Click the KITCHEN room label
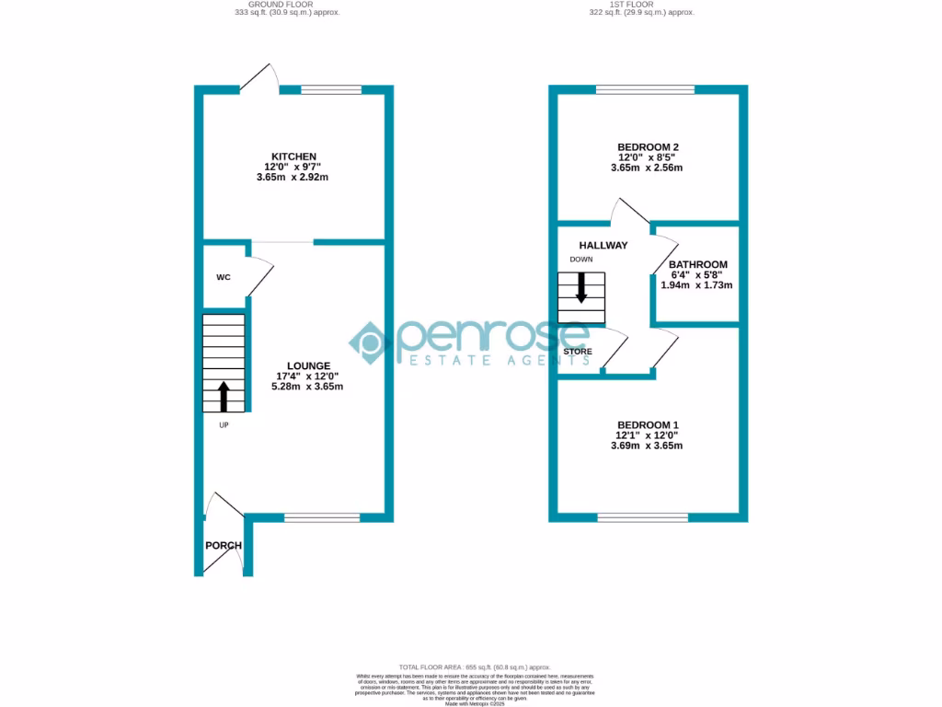pyautogui.click(x=293, y=156)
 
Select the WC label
pyautogui.click(x=223, y=277)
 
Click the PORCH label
pyautogui.click(x=224, y=546)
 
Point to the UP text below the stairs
pyautogui.click(x=224, y=425)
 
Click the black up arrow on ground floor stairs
pyautogui.click(x=224, y=396)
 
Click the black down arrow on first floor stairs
pyautogui.click(x=581, y=290)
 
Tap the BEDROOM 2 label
pyautogui.click(x=648, y=147)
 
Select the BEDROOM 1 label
pyautogui.click(x=648, y=425)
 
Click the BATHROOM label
pyautogui.click(x=697, y=265)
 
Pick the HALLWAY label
pyautogui.click(x=603, y=246)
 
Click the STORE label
pyautogui.click(x=578, y=352)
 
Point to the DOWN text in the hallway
pyautogui.click(x=581, y=260)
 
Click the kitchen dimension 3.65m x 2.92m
pyautogui.click(x=293, y=177)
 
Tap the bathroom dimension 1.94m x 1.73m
pyautogui.click(x=696, y=285)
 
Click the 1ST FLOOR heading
pyautogui.click(x=641, y=4)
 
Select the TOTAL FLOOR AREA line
pyautogui.click(x=474, y=666)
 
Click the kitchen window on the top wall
pyautogui.click(x=331, y=89)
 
